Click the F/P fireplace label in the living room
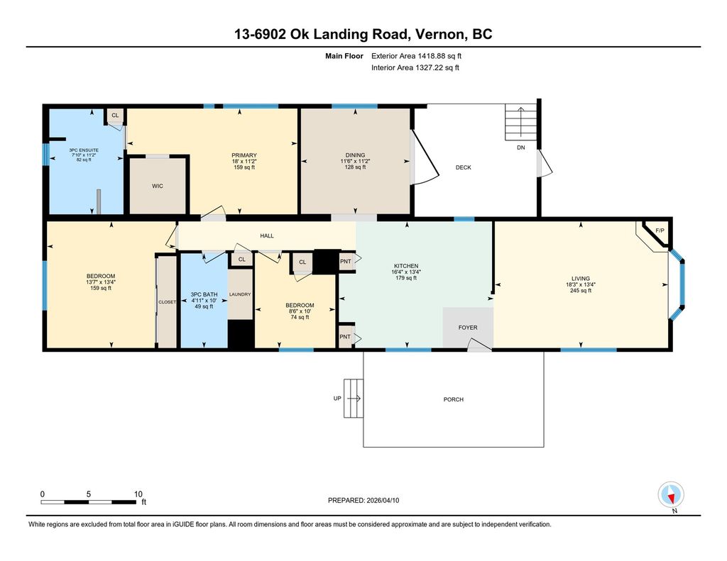click(660, 230)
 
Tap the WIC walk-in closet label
click(158, 187)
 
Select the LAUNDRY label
click(240, 294)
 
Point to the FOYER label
click(468, 328)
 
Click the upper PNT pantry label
click(346, 261)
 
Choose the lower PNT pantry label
click(345, 337)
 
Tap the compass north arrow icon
click(671, 495)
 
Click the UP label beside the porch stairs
click(337, 399)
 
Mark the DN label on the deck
click(521, 148)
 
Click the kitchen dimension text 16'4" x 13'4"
click(406, 272)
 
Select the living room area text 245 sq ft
click(581, 291)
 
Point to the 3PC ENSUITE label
click(84, 150)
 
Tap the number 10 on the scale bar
click(138, 494)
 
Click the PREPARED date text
click(363, 500)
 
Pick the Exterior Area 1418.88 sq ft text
click(416, 56)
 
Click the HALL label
click(267, 235)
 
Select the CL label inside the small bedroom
click(302, 262)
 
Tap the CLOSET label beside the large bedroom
click(168, 302)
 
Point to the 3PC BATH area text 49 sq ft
click(204, 306)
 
